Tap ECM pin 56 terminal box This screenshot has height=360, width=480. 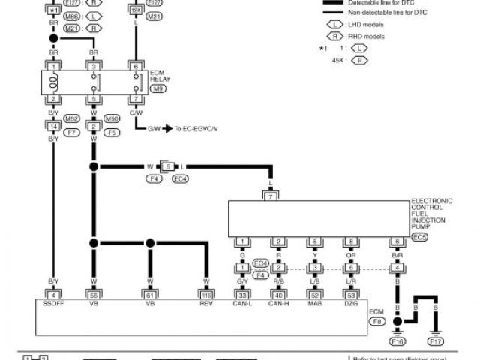point(94,294)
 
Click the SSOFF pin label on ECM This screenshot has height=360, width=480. point(53,305)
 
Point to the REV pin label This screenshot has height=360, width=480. point(205,305)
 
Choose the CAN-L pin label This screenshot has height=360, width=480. point(243,305)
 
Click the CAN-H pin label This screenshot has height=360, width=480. point(279,305)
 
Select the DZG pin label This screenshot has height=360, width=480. point(350,305)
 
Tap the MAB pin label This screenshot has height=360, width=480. point(315,305)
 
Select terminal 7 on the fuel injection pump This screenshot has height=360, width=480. point(271,196)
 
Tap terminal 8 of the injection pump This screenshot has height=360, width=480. point(350,241)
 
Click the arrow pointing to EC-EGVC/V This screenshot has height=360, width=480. point(169,129)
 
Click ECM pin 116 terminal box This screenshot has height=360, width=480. point(205,294)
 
